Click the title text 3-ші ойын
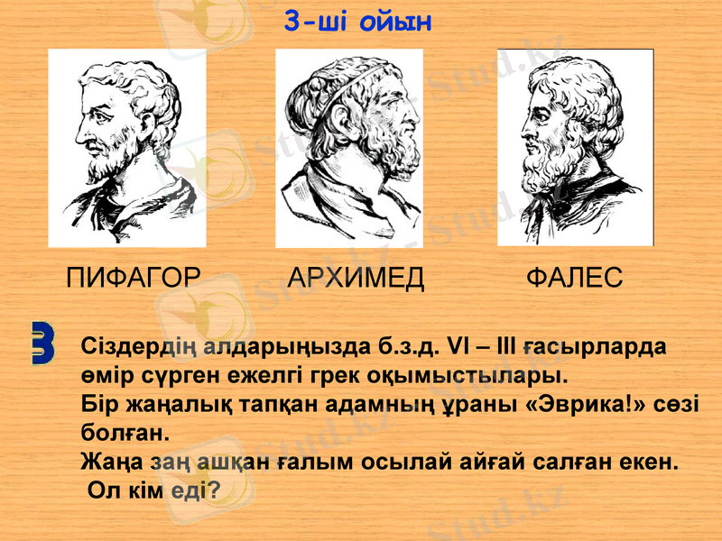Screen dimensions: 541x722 click(358, 20)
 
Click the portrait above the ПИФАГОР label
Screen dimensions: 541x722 click(126, 148)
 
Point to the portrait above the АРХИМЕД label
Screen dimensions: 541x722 click(349, 148)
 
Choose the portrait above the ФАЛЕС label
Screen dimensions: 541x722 click(575, 146)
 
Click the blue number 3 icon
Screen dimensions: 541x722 click(42, 342)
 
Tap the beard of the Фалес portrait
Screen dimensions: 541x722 click(551, 162)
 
